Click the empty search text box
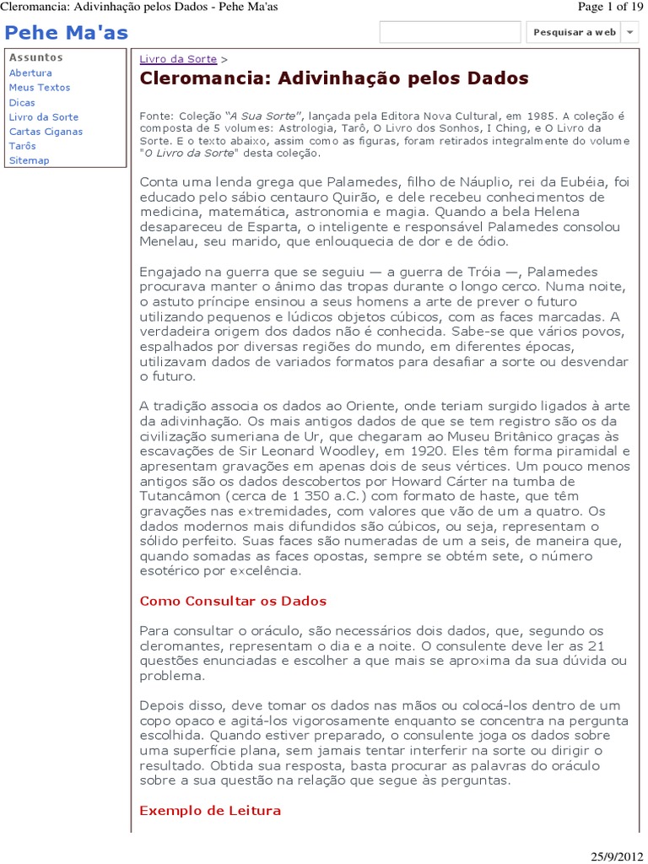point(450,32)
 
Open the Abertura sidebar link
point(30,73)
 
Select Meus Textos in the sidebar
point(40,88)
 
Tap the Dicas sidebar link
point(22,102)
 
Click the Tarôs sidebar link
point(23,146)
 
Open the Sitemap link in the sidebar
point(29,160)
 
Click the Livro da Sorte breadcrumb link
point(178,60)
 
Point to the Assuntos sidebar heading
point(35,58)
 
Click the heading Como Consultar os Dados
point(233,602)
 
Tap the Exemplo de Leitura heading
point(210,811)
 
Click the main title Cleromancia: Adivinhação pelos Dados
point(334,79)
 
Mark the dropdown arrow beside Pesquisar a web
point(629,33)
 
